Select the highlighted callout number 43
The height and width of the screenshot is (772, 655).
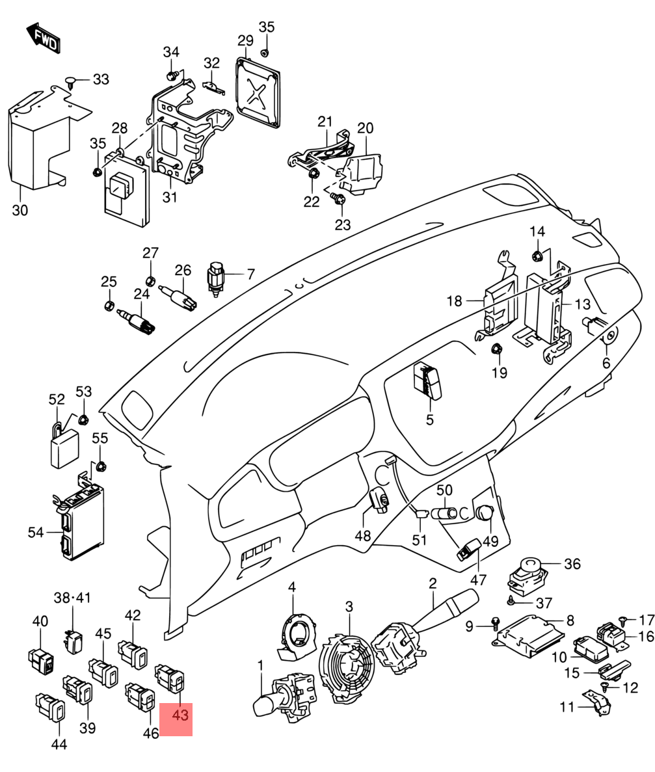[x=176, y=715]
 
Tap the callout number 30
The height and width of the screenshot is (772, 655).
[x=20, y=210]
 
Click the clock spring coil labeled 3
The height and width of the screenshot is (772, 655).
[x=345, y=667]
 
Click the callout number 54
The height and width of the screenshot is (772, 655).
[x=35, y=533]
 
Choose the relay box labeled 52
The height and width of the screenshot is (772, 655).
[x=65, y=447]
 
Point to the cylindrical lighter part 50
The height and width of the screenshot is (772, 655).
[x=445, y=512]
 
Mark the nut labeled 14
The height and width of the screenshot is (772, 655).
[x=537, y=255]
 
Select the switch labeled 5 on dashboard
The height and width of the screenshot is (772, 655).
[x=427, y=379]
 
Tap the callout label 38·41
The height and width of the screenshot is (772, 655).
[x=73, y=596]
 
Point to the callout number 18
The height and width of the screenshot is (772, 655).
[x=454, y=301]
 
